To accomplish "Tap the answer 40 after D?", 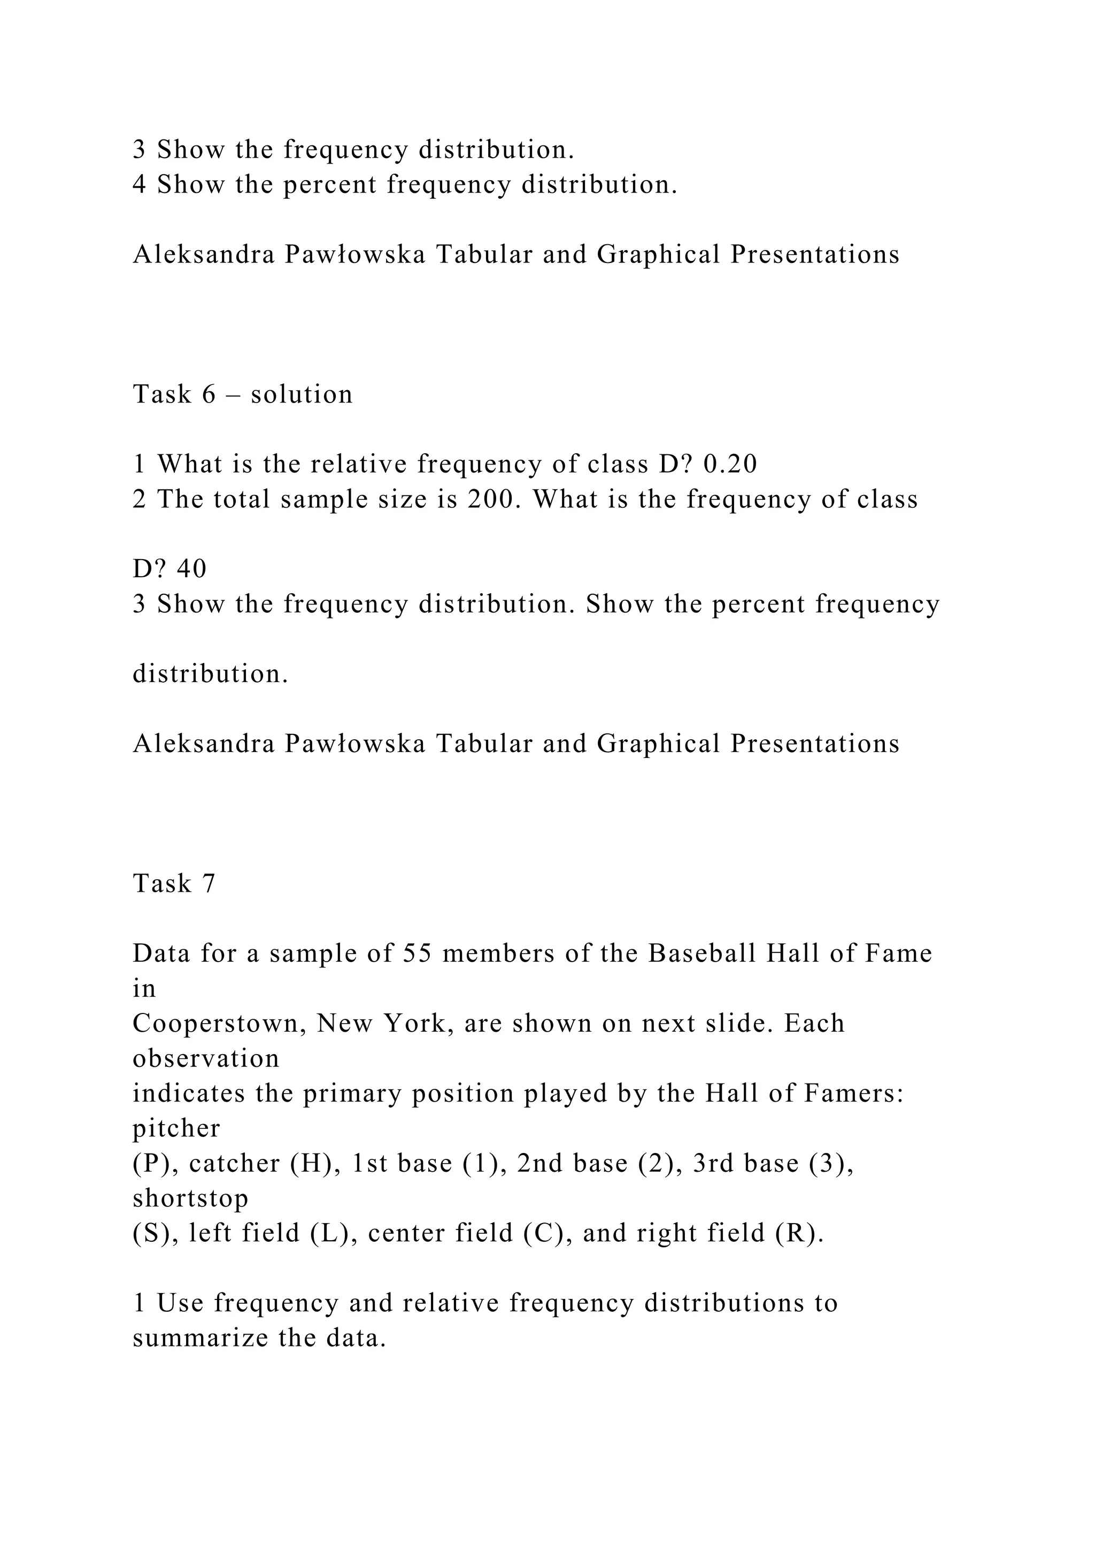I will tap(191, 569).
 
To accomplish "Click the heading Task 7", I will tap(174, 883).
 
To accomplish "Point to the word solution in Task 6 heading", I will tap(302, 394).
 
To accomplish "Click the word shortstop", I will tap(190, 1198).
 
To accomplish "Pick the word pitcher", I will tap(176, 1128).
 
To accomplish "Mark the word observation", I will tap(206, 1058).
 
